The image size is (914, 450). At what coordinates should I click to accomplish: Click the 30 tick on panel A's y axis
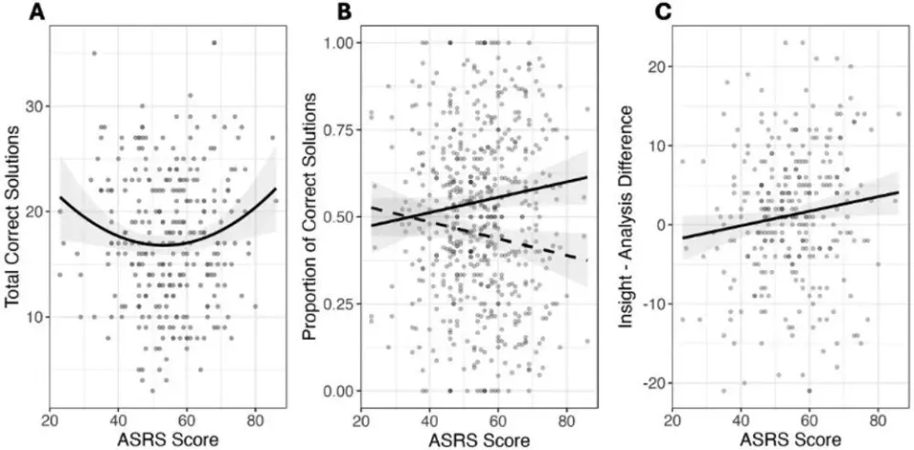pyautogui.click(x=37, y=106)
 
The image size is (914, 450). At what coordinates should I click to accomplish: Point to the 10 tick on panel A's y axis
pyautogui.click(x=37, y=317)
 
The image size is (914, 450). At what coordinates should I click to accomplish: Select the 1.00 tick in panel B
pyautogui.click(x=339, y=43)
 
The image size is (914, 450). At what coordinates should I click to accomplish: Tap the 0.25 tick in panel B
pyautogui.click(x=339, y=304)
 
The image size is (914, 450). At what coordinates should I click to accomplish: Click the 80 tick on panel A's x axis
pyautogui.click(x=255, y=417)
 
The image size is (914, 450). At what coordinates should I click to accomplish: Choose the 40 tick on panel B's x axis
pyautogui.click(x=429, y=417)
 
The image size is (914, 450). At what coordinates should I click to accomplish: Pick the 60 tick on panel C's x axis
pyautogui.click(x=810, y=417)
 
